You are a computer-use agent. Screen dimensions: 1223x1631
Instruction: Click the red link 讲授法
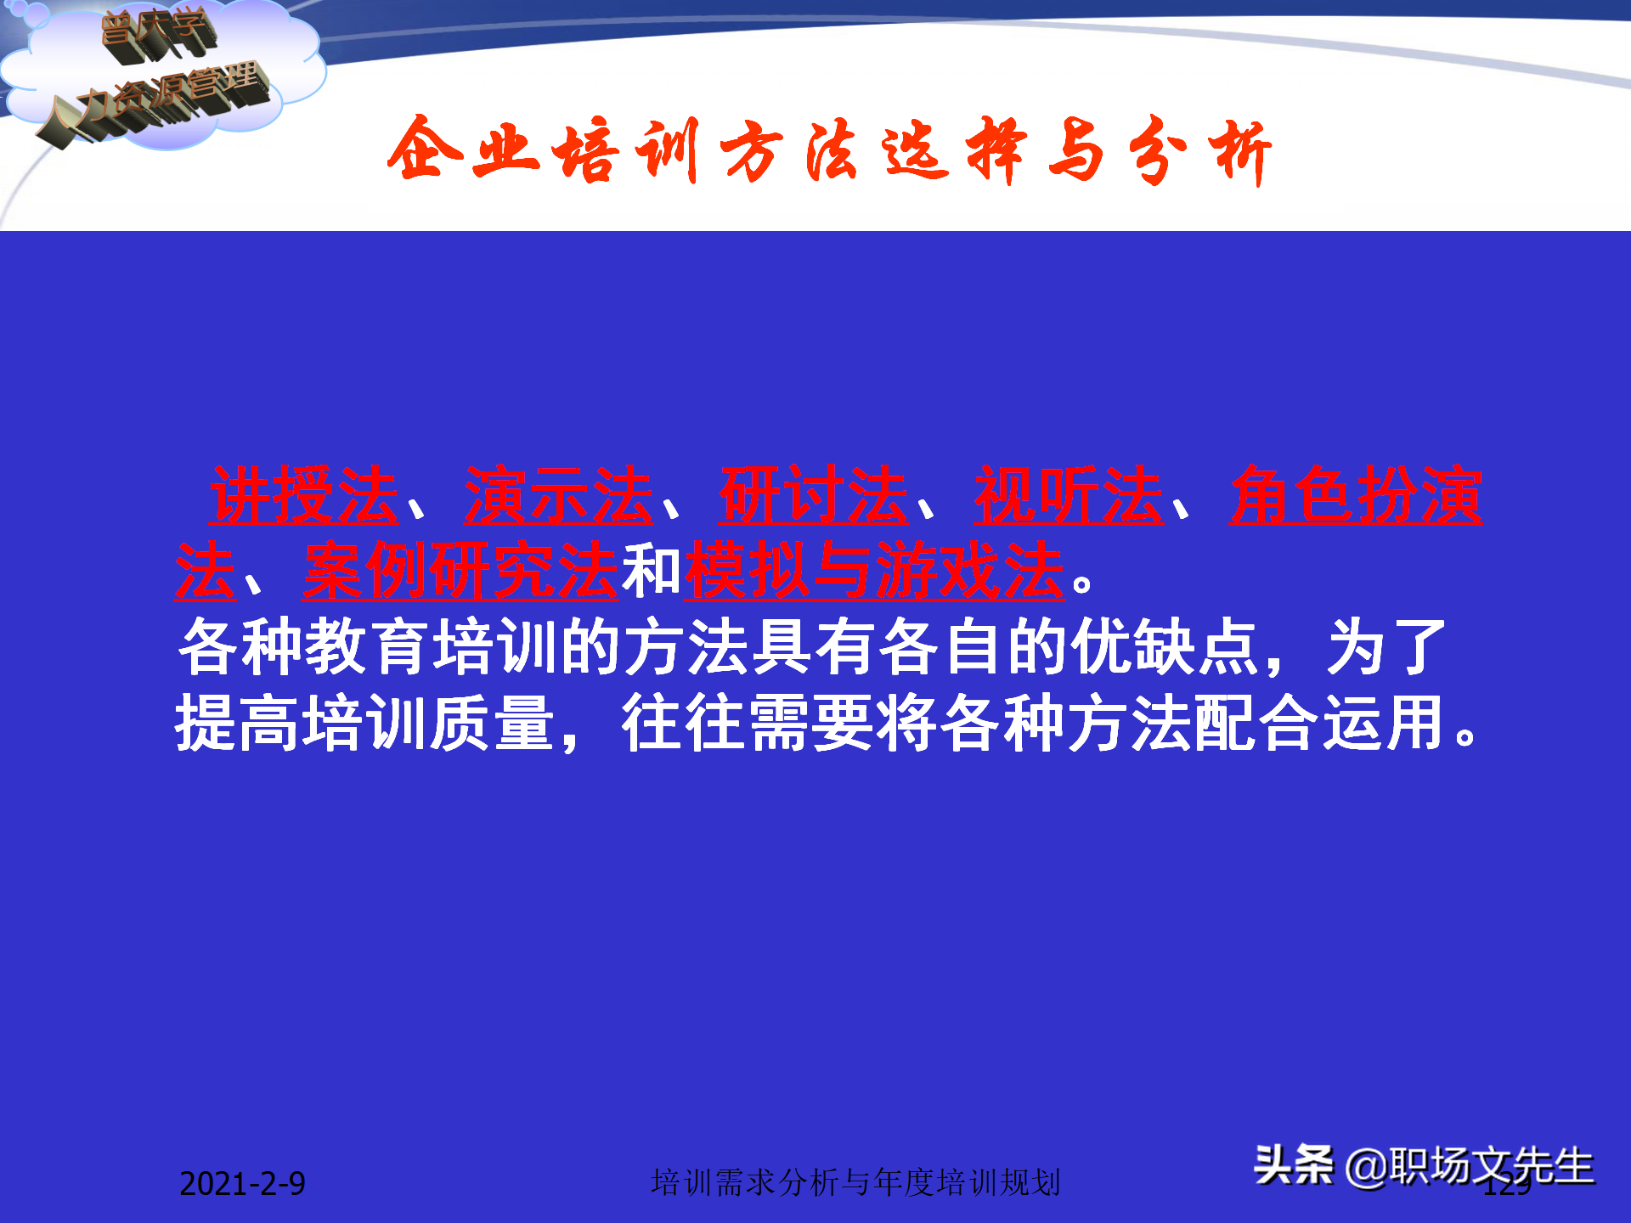click(x=303, y=496)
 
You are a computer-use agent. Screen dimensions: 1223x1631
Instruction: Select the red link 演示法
click(x=558, y=496)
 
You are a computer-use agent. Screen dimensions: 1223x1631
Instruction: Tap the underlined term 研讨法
click(x=813, y=496)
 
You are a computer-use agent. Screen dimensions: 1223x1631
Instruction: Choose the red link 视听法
click(x=1068, y=496)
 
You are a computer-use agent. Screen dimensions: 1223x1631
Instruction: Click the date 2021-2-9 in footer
click(x=242, y=1184)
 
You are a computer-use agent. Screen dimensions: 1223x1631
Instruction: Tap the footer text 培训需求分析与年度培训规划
click(x=855, y=1182)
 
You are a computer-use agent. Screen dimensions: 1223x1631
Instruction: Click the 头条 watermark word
click(x=1293, y=1164)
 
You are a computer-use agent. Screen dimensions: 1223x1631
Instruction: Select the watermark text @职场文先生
click(x=1470, y=1166)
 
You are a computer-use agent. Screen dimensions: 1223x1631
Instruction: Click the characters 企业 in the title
click(x=463, y=151)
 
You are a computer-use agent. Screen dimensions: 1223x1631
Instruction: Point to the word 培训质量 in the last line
click(x=365, y=723)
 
